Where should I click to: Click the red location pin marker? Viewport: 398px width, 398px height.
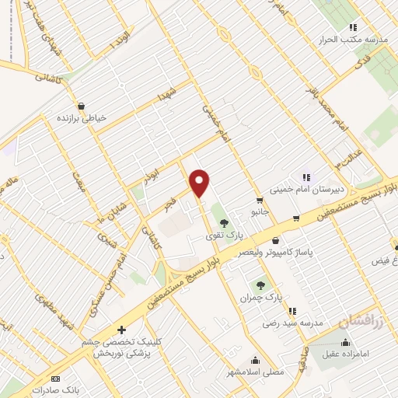pyautogui.click(x=200, y=183)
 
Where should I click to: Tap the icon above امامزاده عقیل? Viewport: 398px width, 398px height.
pyautogui.click(x=345, y=343)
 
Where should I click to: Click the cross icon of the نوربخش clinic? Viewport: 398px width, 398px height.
pyautogui.click(x=121, y=330)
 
